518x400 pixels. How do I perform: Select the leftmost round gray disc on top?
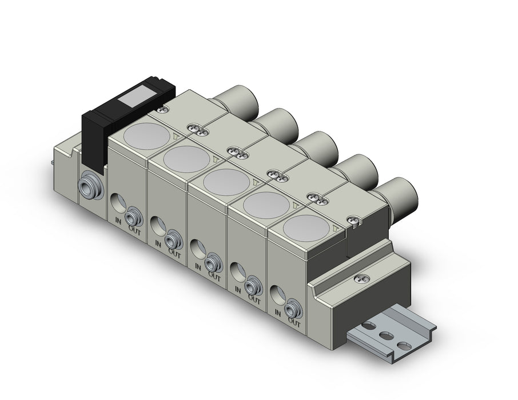tap(148, 136)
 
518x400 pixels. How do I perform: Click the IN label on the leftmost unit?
tap(118, 221)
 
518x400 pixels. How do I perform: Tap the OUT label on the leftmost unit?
tap(134, 229)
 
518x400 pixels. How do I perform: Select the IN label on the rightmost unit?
tap(277, 313)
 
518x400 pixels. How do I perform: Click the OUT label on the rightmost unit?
tap(294, 321)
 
